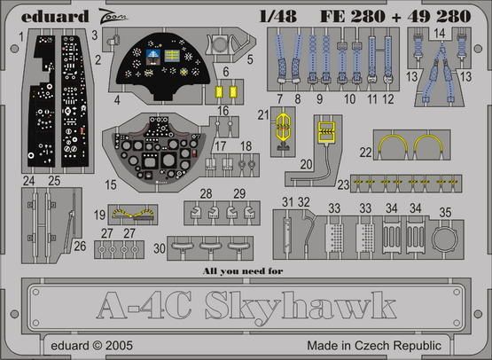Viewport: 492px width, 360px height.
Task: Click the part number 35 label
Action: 445,213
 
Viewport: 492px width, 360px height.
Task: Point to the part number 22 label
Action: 366,153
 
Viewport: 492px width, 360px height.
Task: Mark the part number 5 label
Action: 251,60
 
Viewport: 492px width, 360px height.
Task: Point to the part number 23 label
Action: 342,184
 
